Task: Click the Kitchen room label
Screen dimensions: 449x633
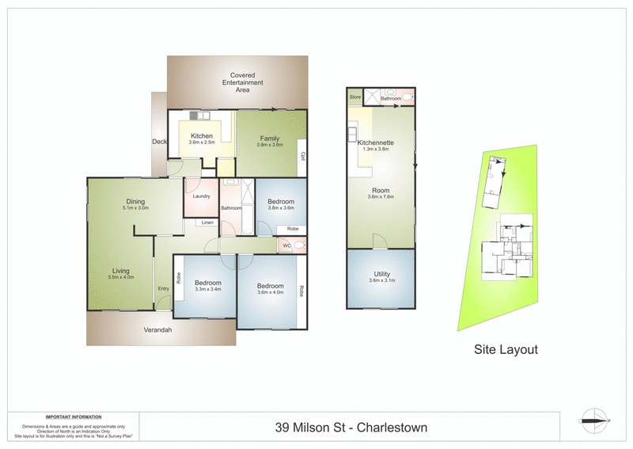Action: click(202, 136)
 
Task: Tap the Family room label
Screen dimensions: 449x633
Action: click(270, 139)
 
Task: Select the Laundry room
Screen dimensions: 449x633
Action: click(200, 196)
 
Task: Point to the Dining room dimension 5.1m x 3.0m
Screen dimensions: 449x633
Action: click(135, 207)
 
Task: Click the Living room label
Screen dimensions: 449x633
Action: click(119, 270)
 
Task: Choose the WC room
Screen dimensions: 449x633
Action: click(287, 246)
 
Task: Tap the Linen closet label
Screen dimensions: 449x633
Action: click(207, 223)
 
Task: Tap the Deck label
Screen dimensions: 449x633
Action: click(159, 142)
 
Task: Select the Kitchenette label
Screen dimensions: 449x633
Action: click(376, 143)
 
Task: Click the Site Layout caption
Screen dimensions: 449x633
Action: click(506, 348)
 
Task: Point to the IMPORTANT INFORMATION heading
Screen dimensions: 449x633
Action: click(73, 417)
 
